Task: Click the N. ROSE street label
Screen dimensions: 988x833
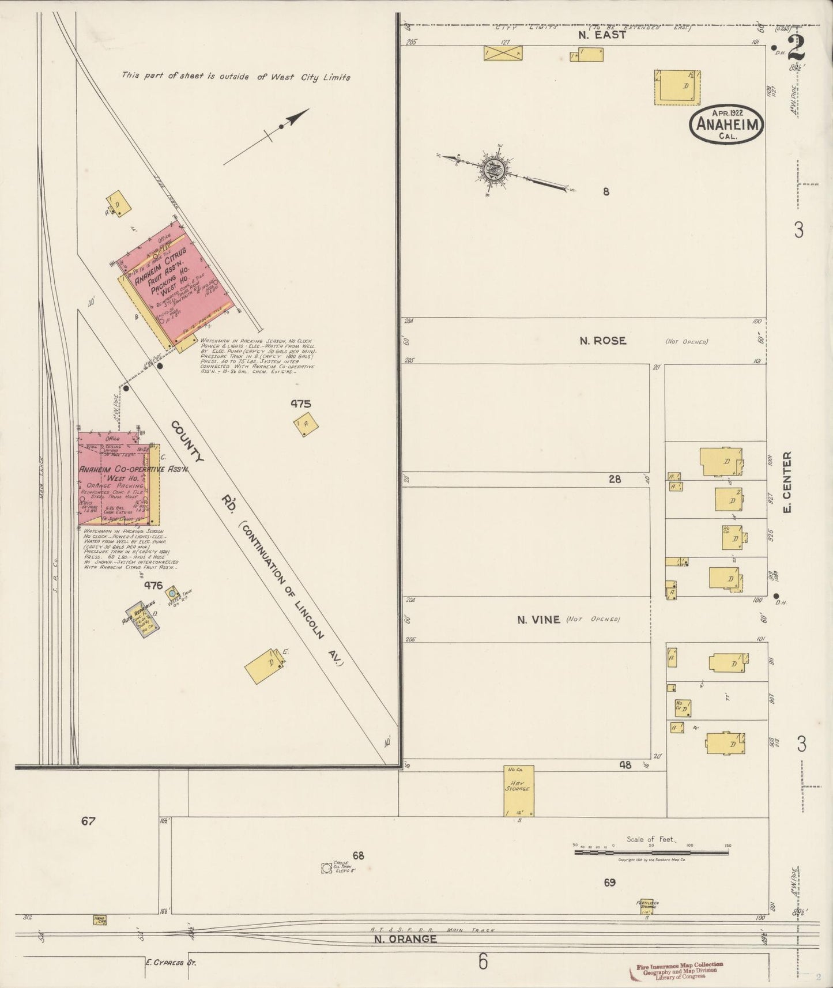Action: coord(602,341)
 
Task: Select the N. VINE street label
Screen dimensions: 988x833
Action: coord(538,620)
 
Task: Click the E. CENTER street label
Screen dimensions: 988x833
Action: coord(787,482)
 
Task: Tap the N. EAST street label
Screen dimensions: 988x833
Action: coord(602,35)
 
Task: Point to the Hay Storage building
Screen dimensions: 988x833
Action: coord(519,790)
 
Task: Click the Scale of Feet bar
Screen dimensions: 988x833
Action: coord(651,851)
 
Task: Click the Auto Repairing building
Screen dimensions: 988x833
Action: coord(142,621)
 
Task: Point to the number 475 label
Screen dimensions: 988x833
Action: coord(300,404)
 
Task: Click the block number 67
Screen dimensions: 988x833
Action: coord(88,821)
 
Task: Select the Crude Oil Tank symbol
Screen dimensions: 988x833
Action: coord(327,867)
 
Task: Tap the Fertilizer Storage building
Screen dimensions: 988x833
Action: coord(647,907)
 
